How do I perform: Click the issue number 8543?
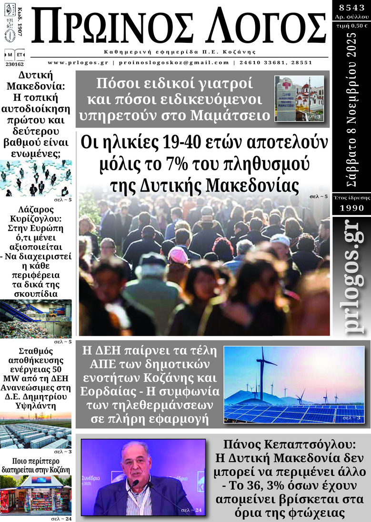[x=351, y=8]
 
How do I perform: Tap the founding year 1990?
[x=351, y=208]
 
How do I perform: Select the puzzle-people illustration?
[x=36, y=178]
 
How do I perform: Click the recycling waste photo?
[x=36, y=319]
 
